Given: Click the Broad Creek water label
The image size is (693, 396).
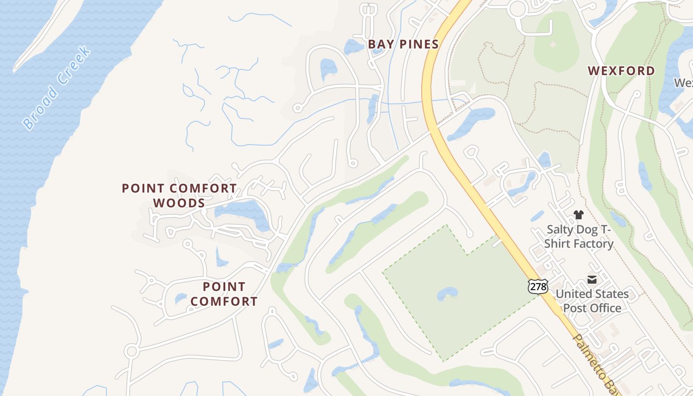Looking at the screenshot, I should click(57, 88).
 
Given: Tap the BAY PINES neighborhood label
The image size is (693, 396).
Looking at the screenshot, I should click(403, 45).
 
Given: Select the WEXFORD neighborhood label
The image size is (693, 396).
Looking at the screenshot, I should click(621, 71).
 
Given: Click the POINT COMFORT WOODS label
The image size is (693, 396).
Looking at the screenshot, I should click(179, 196).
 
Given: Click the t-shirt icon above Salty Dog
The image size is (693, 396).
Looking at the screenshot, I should click(579, 215).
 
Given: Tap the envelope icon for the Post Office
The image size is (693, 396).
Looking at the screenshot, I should click(592, 280).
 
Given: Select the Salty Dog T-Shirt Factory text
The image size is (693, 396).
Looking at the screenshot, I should click(579, 237).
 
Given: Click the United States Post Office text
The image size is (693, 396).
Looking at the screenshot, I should click(592, 301).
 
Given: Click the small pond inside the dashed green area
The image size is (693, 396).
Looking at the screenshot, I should click(447, 294).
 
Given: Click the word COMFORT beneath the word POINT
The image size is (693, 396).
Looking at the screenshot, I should click(224, 301).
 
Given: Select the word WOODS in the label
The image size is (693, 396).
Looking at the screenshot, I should click(179, 203).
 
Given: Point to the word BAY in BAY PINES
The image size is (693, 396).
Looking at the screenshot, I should click(380, 45).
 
